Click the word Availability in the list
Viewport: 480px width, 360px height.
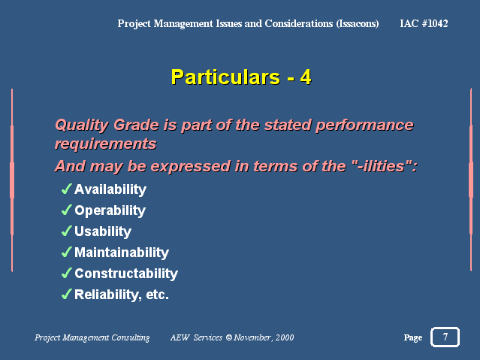pyautogui.click(x=110, y=189)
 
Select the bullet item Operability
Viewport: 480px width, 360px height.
pyautogui.click(x=110, y=210)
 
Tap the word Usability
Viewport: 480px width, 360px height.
pyautogui.click(x=103, y=231)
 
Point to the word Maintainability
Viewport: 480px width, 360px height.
pyautogui.click(x=122, y=253)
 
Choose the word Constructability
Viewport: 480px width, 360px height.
pyautogui.click(x=126, y=274)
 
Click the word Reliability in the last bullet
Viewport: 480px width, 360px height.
pyautogui.click(x=107, y=295)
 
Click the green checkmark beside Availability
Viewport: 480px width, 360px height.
pyautogui.click(x=67, y=189)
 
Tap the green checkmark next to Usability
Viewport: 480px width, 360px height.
pyautogui.click(x=67, y=231)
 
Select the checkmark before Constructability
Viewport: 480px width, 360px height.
pyautogui.click(x=67, y=273)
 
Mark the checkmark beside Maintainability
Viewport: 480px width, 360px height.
pyautogui.click(x=67, y=252)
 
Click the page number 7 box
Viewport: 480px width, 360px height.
pyautogui.click(x=445, y=337)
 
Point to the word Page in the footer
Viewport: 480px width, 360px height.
pyautogui.click(x=413, y=337)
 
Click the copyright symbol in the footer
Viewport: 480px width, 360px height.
pyautogui.click(x=229, y=337)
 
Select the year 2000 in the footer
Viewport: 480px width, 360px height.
pyautogui.click(x=285, y=337)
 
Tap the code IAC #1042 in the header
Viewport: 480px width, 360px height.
pyautogui.click(x=424, y=23)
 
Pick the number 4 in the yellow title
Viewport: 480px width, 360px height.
pyautogui.click(x=306, y=77)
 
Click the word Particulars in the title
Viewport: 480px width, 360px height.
pyautogui.click(x=225, y=77)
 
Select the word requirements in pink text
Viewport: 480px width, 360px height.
pyautogui.click(x=106, y=144)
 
